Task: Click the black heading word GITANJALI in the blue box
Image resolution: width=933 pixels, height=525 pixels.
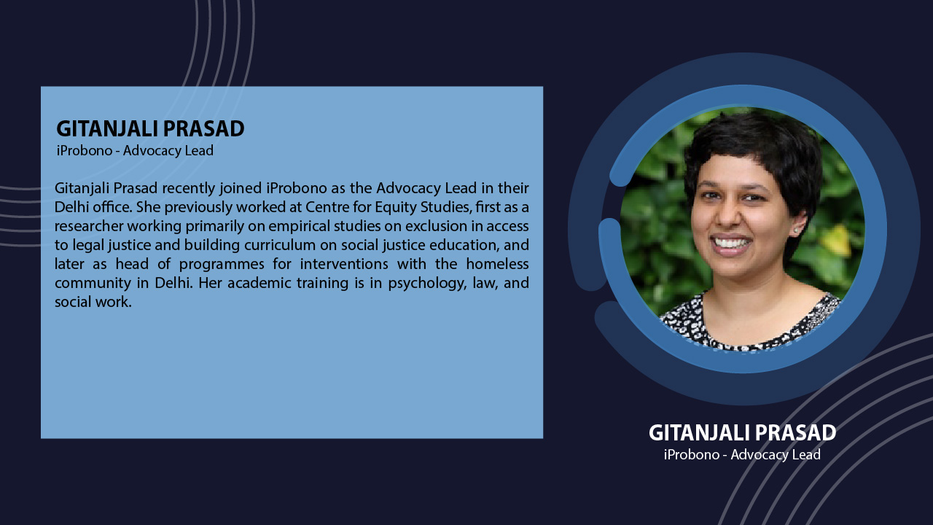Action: (x=107, y=128)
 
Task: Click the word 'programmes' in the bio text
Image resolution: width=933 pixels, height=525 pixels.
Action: (x=222, y=265)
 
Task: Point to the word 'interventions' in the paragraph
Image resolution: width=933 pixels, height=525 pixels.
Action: (x=344, y=264)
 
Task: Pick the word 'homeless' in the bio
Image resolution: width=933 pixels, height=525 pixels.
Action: (x=497, y=264)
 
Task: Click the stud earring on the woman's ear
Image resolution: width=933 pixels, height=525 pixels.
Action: (x=796, y=230)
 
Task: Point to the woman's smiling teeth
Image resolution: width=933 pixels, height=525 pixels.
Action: (x=732, y=243)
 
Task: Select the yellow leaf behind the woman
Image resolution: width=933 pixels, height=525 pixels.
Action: (x=835, y=241)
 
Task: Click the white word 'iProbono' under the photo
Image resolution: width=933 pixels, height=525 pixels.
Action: (x=692, y=454)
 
